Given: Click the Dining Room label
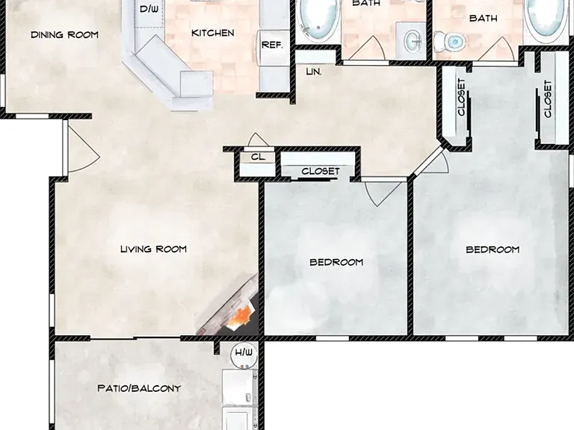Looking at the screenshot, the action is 64,35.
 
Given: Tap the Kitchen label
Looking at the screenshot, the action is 213,33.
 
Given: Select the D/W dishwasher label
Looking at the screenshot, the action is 149,9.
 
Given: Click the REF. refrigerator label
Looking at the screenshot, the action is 272,46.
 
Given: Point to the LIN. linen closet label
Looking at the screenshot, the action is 314,72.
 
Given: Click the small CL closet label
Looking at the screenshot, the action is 258,158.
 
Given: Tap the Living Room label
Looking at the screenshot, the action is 154,249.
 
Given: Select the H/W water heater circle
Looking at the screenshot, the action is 244,355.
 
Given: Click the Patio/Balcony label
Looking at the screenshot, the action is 139,388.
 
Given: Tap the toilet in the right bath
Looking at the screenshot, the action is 449,40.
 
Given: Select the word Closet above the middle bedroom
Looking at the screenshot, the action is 321,171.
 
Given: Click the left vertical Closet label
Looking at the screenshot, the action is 461,97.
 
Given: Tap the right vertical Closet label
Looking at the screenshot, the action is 548,99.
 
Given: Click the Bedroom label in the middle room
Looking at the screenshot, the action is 336,262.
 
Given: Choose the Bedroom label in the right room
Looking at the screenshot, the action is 493,249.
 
